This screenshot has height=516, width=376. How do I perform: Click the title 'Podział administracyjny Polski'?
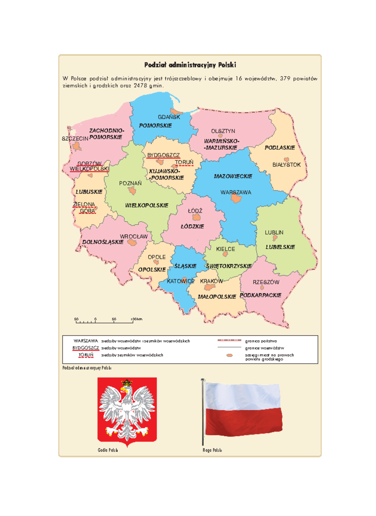(x=190, y=65)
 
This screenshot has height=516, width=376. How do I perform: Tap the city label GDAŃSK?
(x=169, y=117)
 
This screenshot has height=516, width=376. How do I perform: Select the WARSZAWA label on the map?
(x=236, y=192)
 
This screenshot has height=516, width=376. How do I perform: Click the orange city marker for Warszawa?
(x=236, y=198)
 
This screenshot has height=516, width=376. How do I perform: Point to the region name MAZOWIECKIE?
(x=233, y=176)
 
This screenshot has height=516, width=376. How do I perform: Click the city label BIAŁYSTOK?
(x=286, y=165)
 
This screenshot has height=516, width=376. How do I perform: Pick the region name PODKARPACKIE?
(x=260, y=295)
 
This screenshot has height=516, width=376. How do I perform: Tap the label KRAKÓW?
(x=211, y=281)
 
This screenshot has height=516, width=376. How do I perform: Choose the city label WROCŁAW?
(x=133, y=237)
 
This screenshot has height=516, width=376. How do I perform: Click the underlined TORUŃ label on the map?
(x=184, y=162)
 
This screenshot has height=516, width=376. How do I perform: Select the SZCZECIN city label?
(x=75, y=139)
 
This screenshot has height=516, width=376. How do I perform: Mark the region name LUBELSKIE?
(x=280, y=247)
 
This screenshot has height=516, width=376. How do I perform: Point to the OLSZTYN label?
(x=223, y=131)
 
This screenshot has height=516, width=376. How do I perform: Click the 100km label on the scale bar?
(x=137, y=319)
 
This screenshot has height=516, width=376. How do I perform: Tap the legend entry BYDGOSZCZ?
(x=86, y=348)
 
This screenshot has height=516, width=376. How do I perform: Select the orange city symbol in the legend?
(x=230, y=355)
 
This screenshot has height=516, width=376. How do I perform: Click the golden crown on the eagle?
(x=127, y=383)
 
